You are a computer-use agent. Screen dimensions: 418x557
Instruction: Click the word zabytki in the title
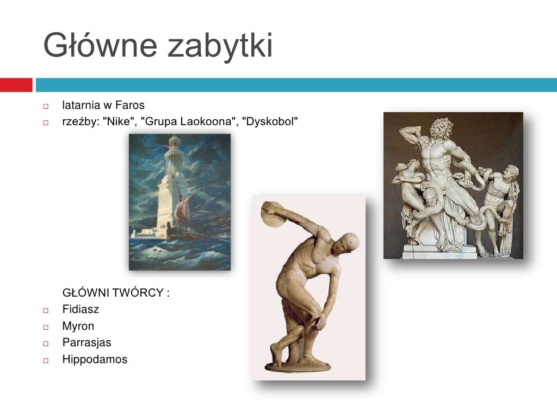point(220,46)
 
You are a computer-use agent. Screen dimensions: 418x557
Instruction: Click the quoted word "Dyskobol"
point(270,121)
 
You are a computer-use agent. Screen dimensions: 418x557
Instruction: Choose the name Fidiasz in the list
point(81,310)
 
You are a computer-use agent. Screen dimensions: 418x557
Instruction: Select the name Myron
point(78,327)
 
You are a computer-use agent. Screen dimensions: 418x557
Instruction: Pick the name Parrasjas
point(86,343)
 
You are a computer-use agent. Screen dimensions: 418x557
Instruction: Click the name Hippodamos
point(95,359)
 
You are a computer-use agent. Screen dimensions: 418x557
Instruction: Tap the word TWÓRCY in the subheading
point(144,293)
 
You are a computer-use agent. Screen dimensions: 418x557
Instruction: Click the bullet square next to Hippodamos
point(46,360)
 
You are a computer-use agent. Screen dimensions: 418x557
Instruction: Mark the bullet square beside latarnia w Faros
point(46,106)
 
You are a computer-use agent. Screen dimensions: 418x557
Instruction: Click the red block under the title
point(16,85)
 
